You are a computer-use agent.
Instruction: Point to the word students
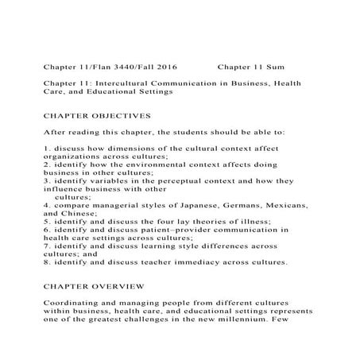[188, 132]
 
